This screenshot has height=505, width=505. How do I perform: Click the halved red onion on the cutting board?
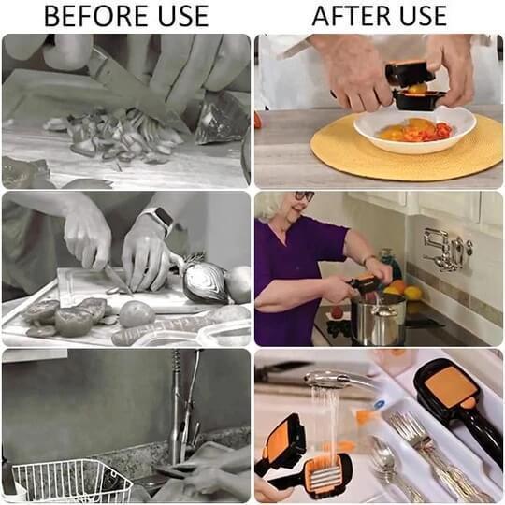205,281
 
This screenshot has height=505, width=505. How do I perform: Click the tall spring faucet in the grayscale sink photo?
177,402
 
